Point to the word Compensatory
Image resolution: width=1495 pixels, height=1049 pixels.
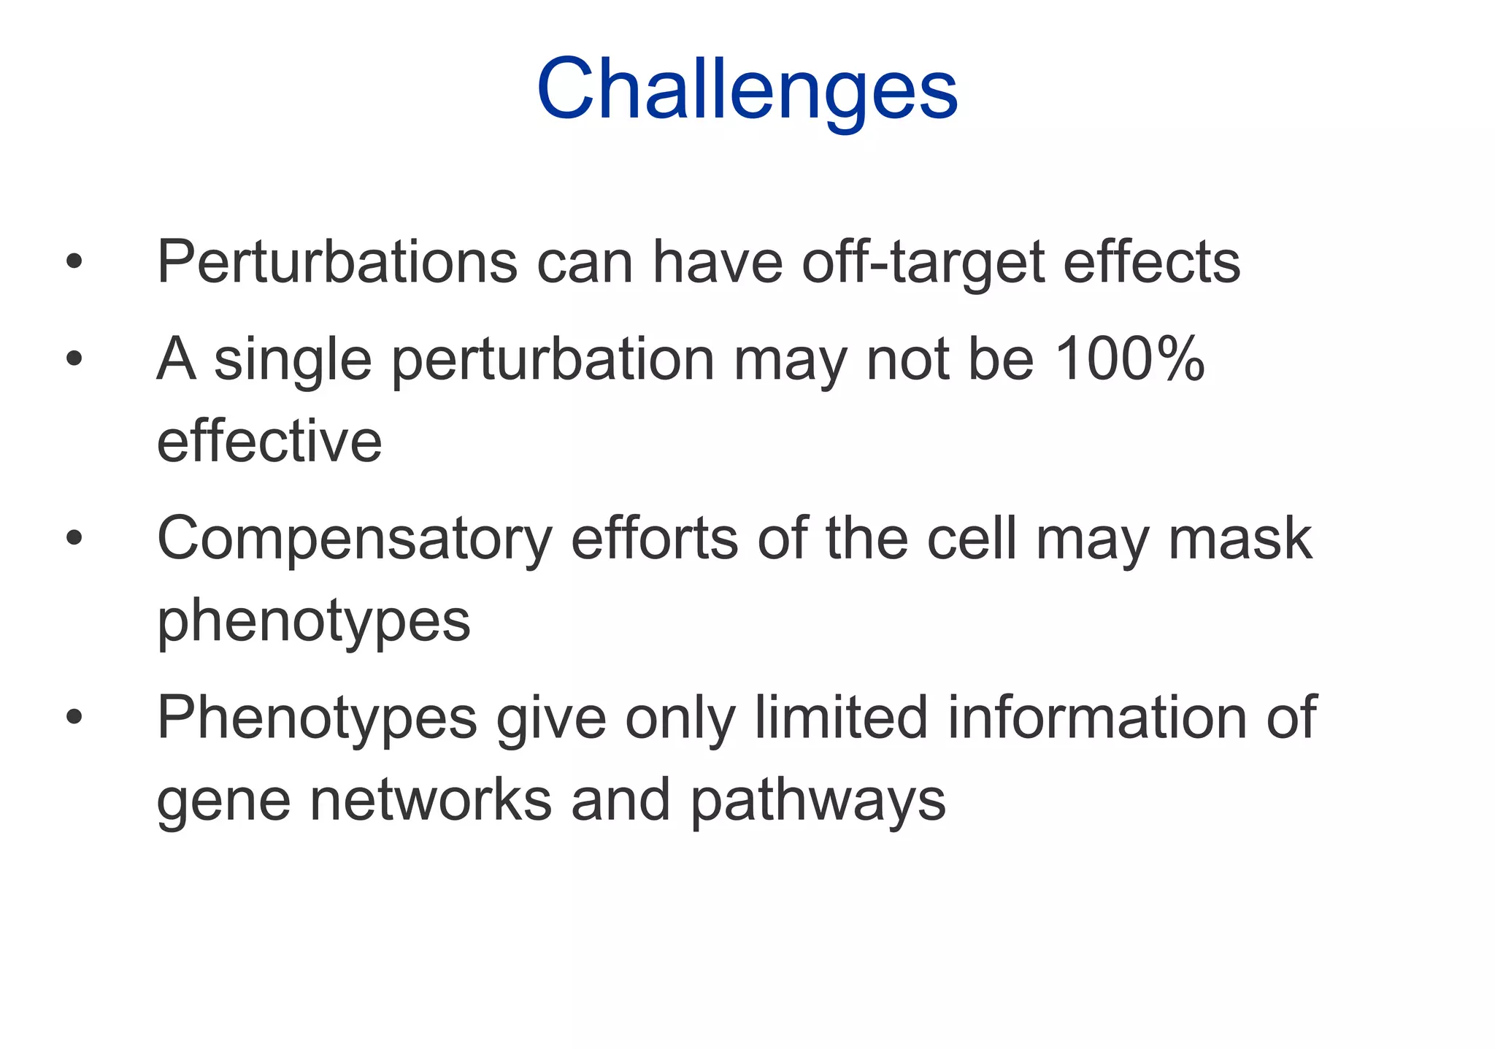coord(354,539)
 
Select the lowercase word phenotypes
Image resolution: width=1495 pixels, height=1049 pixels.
coord(314,621)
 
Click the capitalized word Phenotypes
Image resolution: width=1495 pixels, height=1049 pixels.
coord(317,718)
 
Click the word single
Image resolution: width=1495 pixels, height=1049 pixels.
coord(293,360)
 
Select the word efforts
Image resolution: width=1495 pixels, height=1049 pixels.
coord(655,538)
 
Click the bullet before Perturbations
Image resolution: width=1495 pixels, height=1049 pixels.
coord(74,261)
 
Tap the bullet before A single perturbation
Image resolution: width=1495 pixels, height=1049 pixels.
coord(74,358)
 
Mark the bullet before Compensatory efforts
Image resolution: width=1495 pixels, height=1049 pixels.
coord(74,538)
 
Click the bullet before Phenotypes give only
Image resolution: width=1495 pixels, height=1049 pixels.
coord(74,717)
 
